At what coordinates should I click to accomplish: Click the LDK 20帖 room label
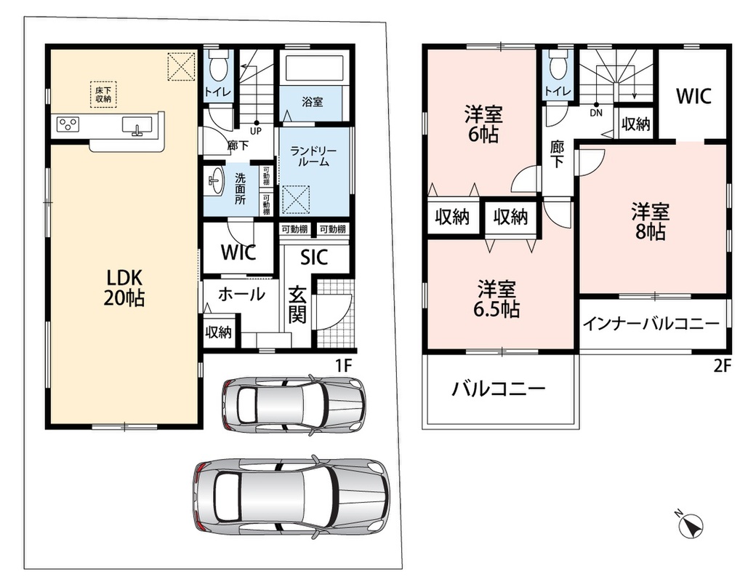pyautogui.click(x=124, y=287)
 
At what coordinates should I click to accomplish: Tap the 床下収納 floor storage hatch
pyautogui.click(x=103, y=95)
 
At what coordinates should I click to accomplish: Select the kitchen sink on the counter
pyautogui.click(x=137, y=126)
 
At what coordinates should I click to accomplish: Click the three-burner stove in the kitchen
pyautogui.click(x=68, y=124)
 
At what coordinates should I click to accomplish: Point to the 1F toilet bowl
pyautogui.click(x=218, y=68)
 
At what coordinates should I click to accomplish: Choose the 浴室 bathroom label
pyautogui.click(x=313, y=101)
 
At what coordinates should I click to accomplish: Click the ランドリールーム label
pyautogui.click(x=313, y=156)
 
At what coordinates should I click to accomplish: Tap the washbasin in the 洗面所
pyautogui.click(x=215, y=180)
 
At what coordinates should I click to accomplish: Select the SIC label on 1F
pyautogui.click(x=314, y=258)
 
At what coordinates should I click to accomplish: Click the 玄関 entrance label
pyautogui.click(x=297, y=304)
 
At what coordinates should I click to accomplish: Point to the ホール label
pyautogui.click(x=241, y=294)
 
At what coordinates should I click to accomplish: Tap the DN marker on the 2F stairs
pyautogui.click(x=596, y=113)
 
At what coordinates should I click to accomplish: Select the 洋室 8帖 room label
pyautogui.click(x=650, y=221)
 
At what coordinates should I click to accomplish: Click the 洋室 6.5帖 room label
pyautogui.click(x=496, y=299)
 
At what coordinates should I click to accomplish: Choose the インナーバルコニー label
pyautogui.click(x=651, y=324)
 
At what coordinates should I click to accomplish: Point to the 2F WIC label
pyautogui.click(x=693, y=96)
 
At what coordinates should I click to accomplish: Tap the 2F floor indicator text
pyautogui.click(x=723, y=366)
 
